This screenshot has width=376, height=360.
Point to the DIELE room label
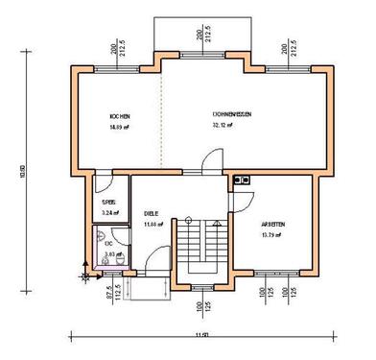pyautogui.click(x=152, y=214)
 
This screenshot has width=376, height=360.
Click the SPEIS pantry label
pyautogui.click(x=108, y=203)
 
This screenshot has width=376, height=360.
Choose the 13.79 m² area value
pyautogui.click(x=272, y=233)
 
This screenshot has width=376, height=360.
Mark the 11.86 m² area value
pyautogui.click(x=153, y=224)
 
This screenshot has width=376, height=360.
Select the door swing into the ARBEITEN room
pyautogui.click(x=242, y=198)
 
